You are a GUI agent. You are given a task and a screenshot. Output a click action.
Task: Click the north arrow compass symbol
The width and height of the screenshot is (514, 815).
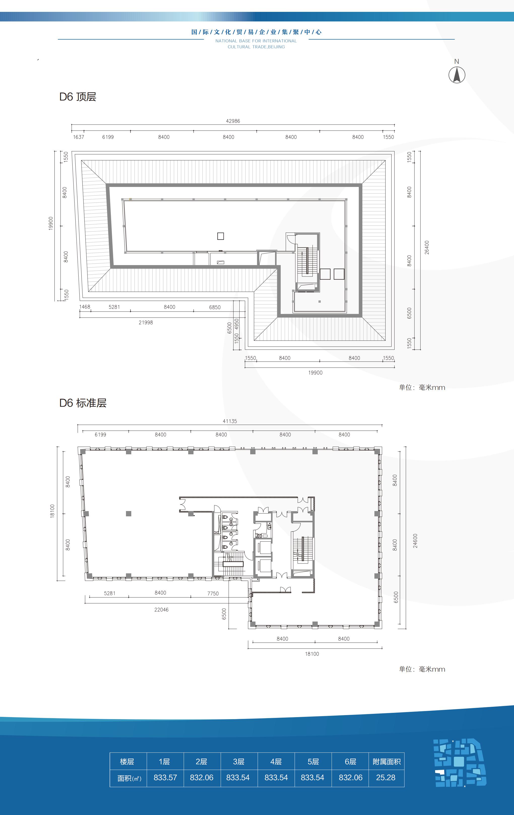(x=457, y=75)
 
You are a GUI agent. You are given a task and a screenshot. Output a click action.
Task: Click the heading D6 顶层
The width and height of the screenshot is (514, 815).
(x=78, y=97)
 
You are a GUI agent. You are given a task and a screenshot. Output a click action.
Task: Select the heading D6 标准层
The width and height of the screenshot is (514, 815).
(x=83, y=403)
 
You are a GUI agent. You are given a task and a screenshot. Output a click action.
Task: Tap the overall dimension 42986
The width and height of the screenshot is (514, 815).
(x=233, y=121)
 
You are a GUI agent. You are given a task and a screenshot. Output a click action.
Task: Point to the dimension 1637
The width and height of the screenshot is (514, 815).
(x=78, y=137)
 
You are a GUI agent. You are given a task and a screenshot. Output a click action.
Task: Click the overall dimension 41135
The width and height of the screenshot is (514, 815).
(x=230, y=421)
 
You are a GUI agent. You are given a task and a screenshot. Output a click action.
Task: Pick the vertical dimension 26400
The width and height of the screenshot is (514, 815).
(x=427, y=247)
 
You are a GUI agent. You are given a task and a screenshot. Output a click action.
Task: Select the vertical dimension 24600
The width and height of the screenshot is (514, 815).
(x=415, y=541)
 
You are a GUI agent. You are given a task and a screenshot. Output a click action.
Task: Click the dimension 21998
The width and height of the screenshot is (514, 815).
(x=146, y=323)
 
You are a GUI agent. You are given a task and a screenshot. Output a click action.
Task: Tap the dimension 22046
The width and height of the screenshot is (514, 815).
(x=161, y=610)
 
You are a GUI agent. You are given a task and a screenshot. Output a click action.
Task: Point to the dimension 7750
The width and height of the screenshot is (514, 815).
(x=213, y=593)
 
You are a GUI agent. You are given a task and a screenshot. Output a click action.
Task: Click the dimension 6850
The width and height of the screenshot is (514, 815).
(x=215, y=307)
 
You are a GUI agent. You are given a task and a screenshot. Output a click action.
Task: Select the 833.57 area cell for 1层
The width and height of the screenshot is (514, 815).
(x=165, y=777)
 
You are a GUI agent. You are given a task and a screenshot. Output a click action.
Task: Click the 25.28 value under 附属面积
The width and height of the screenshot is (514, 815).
(x=386, y=777)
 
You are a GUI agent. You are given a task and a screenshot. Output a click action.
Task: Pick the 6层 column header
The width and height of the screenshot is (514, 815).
(x=350, y=762)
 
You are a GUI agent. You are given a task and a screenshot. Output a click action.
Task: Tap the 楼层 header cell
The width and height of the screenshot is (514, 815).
(x=127, y=762)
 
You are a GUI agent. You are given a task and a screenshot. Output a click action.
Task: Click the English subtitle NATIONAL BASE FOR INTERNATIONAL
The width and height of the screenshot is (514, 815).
(x=256, y=41)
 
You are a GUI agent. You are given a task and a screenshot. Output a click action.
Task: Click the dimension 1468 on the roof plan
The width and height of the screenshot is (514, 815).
(x=85, y=307)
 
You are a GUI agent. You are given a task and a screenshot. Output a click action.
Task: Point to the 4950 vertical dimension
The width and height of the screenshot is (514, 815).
(x=237, y=324)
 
